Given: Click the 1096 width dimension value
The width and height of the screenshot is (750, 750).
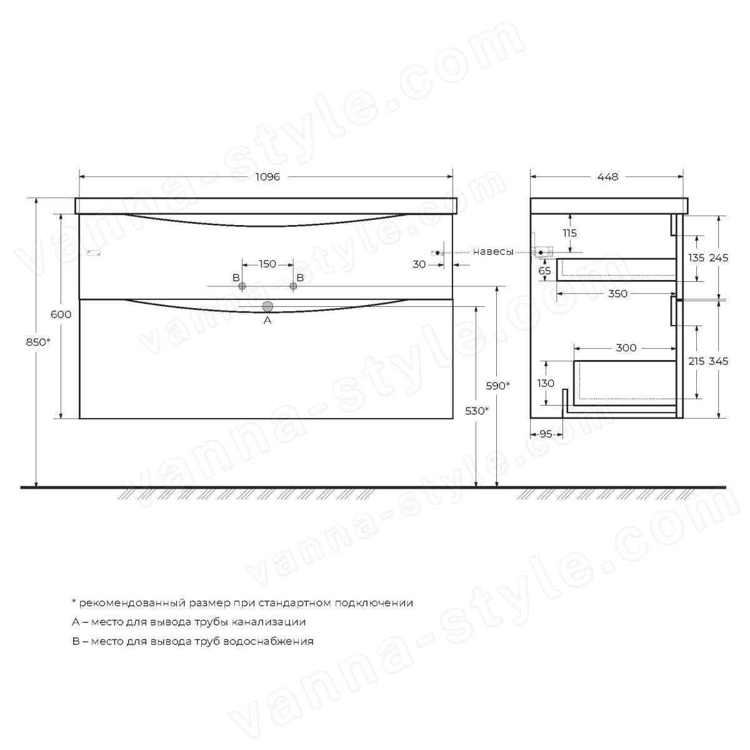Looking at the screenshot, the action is [267, 177].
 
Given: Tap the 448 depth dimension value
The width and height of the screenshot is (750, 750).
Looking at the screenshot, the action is [607, 177].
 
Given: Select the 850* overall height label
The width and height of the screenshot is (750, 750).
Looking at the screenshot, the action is [38, 342].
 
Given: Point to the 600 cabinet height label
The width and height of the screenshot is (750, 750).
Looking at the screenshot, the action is [61, 314].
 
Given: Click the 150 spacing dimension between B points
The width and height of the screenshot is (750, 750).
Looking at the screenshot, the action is [267, 264].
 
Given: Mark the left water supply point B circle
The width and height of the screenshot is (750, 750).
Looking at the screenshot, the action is [242, 286].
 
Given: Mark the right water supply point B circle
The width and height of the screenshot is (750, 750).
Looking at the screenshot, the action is [294, 286].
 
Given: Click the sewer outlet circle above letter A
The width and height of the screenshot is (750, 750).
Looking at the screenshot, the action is [267, 307].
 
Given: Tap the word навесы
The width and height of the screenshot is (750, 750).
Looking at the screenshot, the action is [493, 252].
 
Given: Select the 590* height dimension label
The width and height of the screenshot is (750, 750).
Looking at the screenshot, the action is [497, 386].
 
